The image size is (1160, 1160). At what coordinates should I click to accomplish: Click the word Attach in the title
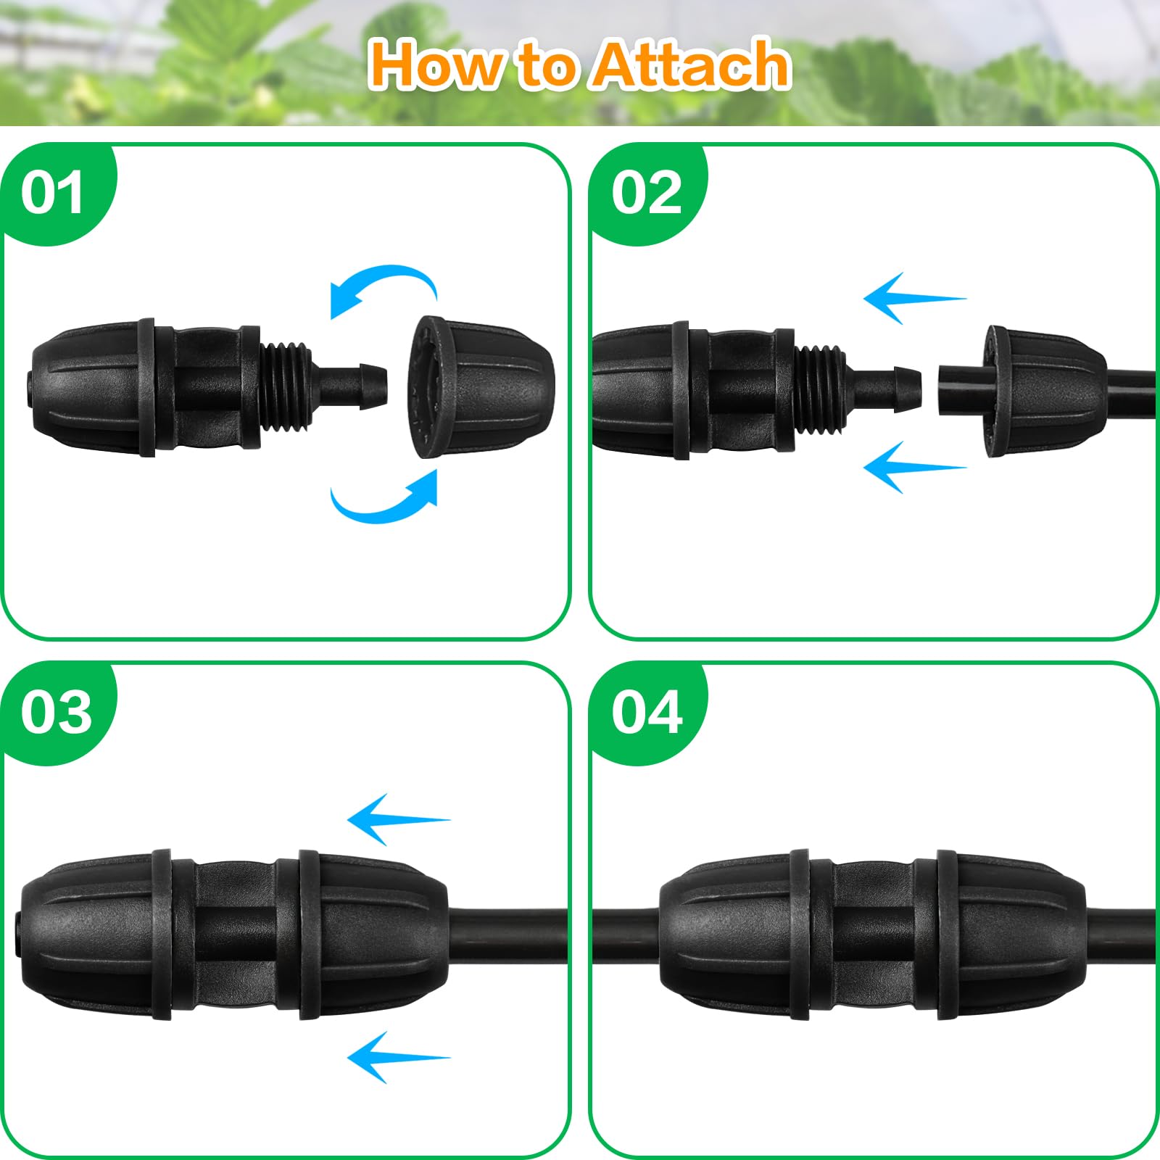pos(690,65)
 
